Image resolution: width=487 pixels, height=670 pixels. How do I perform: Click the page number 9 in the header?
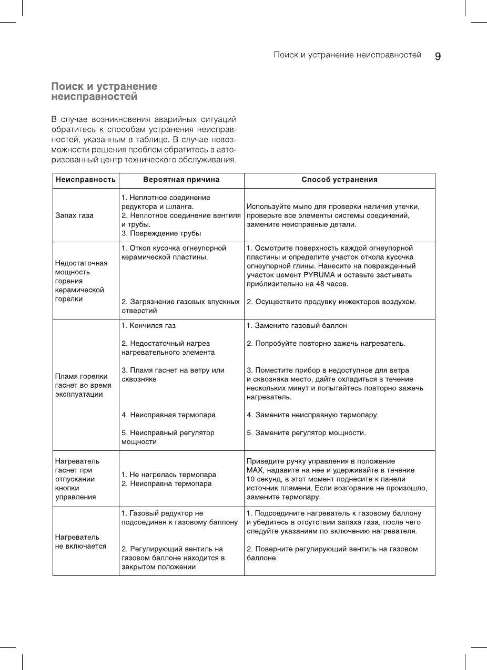(438, 56)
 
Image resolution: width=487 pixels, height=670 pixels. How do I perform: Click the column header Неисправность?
(86, 180)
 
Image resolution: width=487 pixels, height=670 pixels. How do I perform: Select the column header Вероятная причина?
(181, 180)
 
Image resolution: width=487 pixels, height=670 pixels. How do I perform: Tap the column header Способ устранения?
(339, 180)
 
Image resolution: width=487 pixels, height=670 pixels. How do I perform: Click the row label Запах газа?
(74, 215)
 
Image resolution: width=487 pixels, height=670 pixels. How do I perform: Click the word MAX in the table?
(255, 470)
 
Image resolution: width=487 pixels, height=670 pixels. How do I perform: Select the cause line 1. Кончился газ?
(149, 326)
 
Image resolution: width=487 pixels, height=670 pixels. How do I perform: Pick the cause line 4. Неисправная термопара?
(168, 415)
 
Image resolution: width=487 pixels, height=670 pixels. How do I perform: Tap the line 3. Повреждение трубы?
(161, 233)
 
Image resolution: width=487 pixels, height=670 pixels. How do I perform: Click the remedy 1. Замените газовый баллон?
(297, 326)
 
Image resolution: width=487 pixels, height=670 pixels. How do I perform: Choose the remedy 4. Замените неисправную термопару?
(312, 415)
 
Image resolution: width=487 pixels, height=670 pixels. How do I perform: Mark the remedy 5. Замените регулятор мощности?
(306, 433)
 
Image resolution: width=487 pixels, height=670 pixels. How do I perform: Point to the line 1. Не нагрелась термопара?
(168, 475)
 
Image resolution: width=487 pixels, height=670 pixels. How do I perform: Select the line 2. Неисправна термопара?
(166, 483)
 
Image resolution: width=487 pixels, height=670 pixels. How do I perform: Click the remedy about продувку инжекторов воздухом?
(331, 302)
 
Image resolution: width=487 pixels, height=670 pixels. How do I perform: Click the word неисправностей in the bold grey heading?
(94, 97)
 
